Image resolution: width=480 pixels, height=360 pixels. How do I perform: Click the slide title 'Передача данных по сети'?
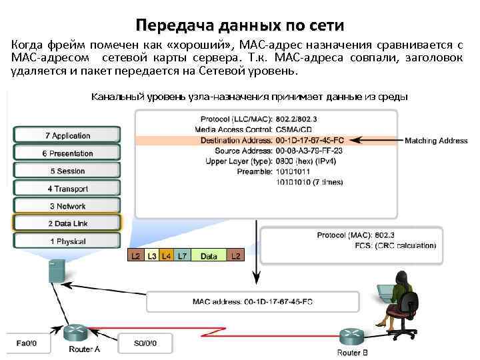click(239, 26)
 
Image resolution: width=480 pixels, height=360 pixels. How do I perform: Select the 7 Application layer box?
click(67, 135)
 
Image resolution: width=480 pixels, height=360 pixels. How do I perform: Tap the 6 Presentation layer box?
click(67, 153)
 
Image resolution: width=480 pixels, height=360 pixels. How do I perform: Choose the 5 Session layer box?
click(67, 171)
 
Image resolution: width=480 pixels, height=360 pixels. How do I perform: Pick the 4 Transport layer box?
click(67, 189)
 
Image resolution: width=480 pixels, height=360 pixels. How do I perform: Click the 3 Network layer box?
click(67, 206)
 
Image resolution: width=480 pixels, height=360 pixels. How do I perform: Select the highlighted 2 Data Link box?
click(67, 223)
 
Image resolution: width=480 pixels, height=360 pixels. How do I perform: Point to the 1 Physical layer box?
click(67, 241)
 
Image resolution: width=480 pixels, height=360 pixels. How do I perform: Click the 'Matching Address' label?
click(436, 141)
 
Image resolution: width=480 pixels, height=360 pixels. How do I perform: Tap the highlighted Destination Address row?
click(267, 141)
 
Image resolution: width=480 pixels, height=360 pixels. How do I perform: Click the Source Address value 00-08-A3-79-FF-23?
click(309, 151)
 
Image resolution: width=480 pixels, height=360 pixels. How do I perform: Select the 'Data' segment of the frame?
click(209, 255)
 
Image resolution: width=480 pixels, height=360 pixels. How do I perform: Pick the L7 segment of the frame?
click(181, 255)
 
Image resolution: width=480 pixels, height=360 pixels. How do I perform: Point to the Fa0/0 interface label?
click(27, 343)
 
